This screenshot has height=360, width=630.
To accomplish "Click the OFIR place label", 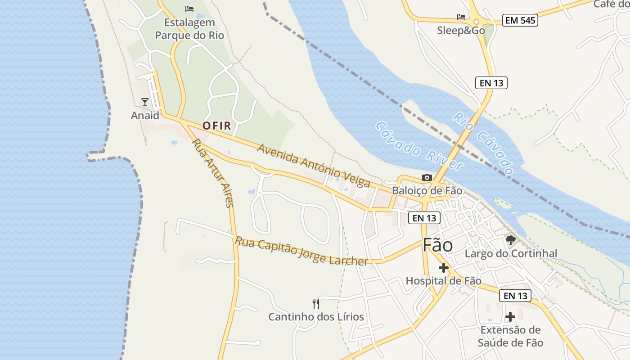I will coord(216,126).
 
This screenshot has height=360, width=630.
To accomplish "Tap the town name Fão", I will coord(437,245).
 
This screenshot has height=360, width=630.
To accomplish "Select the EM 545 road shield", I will coord(520,20).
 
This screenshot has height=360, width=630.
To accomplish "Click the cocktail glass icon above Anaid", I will coord(145,102).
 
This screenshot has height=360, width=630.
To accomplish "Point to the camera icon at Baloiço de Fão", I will coord(427,178).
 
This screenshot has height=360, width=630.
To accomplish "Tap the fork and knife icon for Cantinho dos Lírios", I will coord(316,304).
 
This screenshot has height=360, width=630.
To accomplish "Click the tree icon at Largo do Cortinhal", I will coord(510,240).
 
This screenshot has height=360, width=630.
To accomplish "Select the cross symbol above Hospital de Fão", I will coord(444,268).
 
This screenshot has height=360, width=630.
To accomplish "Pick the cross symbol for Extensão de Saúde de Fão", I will coord(510,317).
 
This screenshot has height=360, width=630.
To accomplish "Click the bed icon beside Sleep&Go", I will coord(461,17).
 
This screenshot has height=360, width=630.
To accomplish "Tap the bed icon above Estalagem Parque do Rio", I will coord(189,9).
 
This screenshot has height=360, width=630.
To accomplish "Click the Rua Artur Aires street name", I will coord(213,173).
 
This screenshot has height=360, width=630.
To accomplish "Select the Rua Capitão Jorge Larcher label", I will coord(301,251).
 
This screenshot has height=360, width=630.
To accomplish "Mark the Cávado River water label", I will coord(418,146).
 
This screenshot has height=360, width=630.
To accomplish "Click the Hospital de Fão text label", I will coord(443,281).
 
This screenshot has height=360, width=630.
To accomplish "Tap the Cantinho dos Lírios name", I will coord(316,317).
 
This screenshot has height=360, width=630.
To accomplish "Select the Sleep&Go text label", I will coord(461,31).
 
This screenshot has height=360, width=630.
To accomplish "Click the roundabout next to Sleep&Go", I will coord(476,21).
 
